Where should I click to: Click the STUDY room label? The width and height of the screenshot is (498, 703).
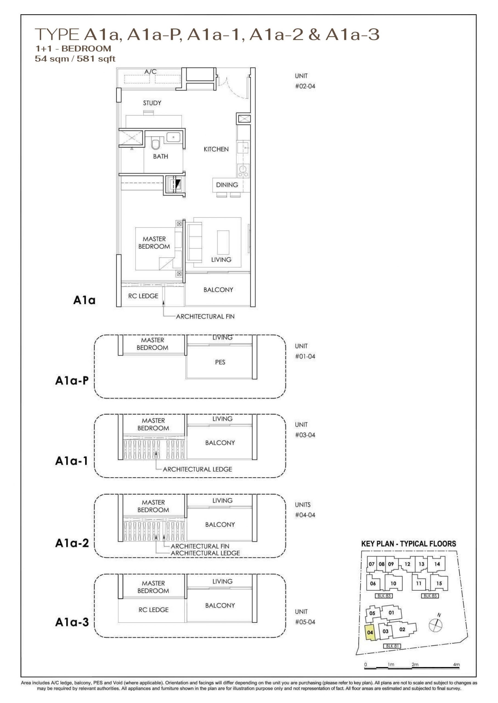[x=152, y=103]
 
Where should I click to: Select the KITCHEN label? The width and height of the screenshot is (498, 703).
[x=216, y=149]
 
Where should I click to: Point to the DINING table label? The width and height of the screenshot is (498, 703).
[x=227, y=185]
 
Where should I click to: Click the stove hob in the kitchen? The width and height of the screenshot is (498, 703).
[x=243, y=171]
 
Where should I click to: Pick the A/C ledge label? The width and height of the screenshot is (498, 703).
[x=151, y=71]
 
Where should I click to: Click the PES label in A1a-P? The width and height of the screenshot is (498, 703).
[x=220, y=362]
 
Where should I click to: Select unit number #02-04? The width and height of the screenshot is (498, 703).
[x=305, y=86]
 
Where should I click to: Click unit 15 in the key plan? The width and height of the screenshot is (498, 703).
[x=439, y=583]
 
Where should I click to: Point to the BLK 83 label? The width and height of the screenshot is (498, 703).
[x=384, y=596]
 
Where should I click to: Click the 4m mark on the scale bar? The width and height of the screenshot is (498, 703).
[x=456, y=665]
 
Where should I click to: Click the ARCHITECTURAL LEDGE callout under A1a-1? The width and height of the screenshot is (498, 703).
[x=198, y=469]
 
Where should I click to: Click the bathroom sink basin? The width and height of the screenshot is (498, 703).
[x=174, y=137]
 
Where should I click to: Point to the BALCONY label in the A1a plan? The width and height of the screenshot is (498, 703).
[x=218, y=290]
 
